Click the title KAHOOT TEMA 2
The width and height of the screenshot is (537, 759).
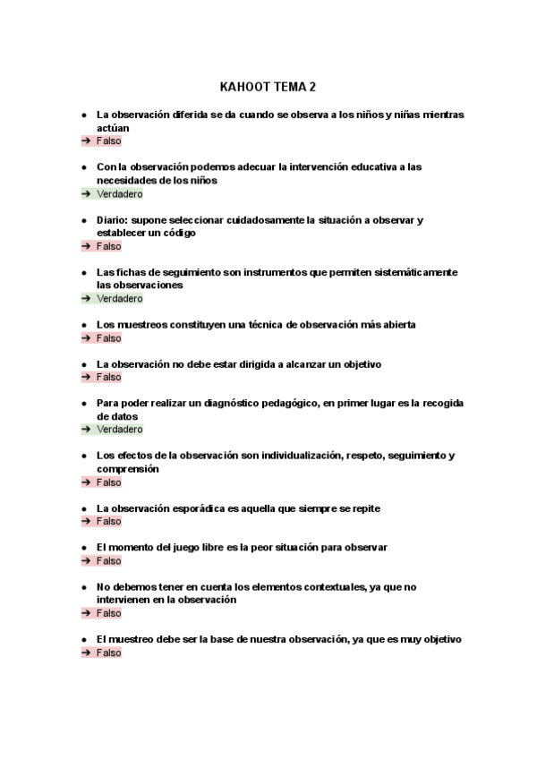pyautogui.click(x=268, y=87)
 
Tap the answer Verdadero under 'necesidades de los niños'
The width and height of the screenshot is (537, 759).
pyautogui.click(x=119, y=193)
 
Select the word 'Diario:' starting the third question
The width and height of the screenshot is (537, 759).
pyautogui.click(x=115, y=220)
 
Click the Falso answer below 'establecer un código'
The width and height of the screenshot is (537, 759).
pyautogui.click(x=108, y=246)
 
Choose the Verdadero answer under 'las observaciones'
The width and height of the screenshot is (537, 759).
pyautogui.click(x=119, y=298)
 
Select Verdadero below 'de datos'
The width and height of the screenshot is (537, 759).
pyautogui.click(x=119, y=430)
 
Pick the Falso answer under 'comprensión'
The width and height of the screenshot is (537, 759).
pyautogui.click(x=108, y=482)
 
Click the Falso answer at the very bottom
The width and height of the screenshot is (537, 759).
pyautogui.click(x=108, y=653)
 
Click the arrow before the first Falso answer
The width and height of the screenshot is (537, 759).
pyautogui.click(x=85, y=141)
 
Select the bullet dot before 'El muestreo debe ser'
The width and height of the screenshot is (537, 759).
pyautogui.click(x=83, y=640)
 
